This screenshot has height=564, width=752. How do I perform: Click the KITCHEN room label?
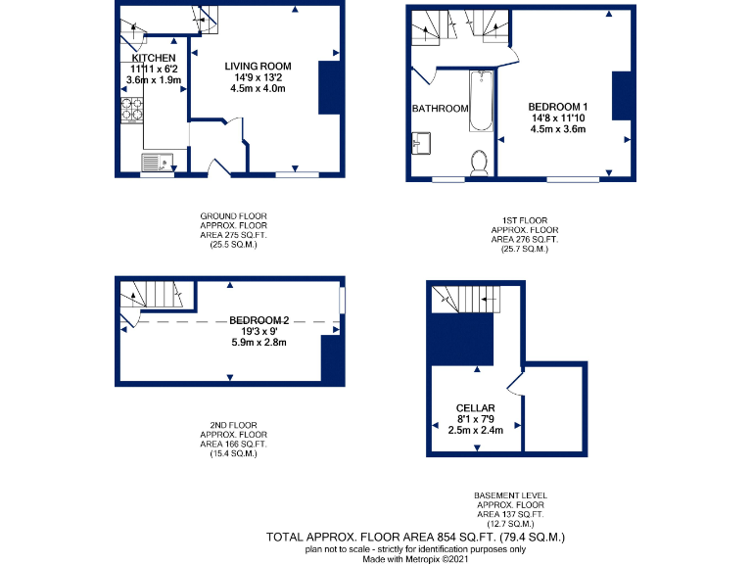(x=154, y=58)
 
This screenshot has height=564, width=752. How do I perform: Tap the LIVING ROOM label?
(x=258, y=66)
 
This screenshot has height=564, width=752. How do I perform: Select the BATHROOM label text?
(x=440, y=109)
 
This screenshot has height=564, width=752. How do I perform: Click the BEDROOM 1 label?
(x=557, y=106)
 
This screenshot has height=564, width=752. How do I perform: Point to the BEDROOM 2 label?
(x=259, y=320)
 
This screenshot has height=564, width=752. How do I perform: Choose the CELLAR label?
(x=475, y=408)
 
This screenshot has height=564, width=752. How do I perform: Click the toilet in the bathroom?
(x=480, y=162)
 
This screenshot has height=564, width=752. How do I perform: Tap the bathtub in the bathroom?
(x=480, y=102)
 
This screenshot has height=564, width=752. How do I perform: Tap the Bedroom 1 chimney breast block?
(x=621, y=97)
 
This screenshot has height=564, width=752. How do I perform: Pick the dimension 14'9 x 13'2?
(x=258, y=77)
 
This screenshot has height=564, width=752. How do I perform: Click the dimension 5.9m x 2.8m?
(x=258, y=344)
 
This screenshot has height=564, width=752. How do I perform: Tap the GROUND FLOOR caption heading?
(x=233, y=215)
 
